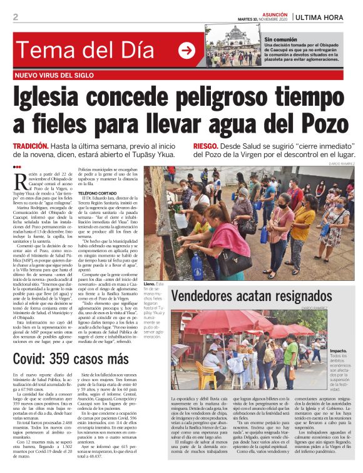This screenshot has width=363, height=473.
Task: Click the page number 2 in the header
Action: pyautogui.click(x=16, y=16)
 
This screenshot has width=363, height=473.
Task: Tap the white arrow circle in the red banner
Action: pyautogui.click(x=187, y=51)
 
